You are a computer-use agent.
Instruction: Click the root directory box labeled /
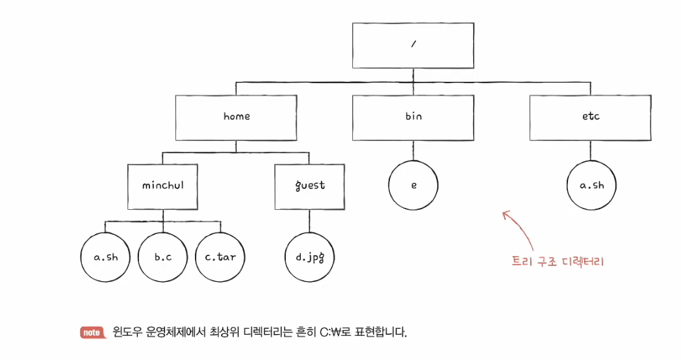[413, 46]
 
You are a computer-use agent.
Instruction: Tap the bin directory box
[413, 118]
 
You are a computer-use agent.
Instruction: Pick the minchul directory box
[163, 185]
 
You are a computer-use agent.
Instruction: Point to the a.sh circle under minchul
[106, 257]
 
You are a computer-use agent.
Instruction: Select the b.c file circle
[162, 257]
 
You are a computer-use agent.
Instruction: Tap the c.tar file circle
[220, 257]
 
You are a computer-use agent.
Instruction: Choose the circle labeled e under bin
[413, 185]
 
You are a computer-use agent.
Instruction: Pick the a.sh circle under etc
[591, 185]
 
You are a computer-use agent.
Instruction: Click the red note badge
[91, 333]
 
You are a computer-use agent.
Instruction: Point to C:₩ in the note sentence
[331, 333]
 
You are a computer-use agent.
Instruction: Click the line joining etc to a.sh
[591, 151]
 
